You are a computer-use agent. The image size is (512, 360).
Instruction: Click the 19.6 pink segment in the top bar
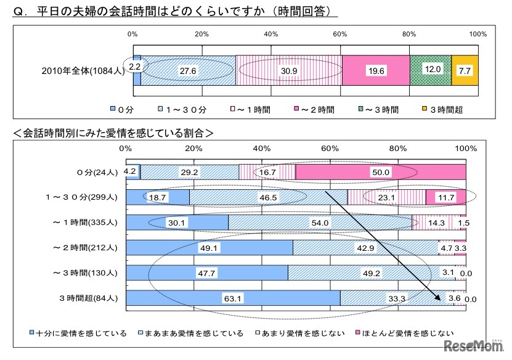(x=375, y=71)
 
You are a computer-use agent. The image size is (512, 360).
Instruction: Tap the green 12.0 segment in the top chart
(x=431, y=70)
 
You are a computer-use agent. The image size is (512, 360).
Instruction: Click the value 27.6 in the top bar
(x=187, y=71)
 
